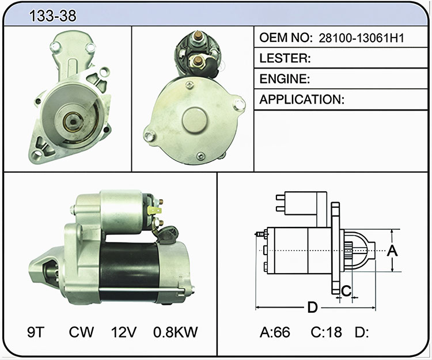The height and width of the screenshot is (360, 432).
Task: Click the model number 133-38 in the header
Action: tap(52, 16)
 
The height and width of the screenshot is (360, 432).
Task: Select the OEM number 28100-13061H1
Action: tap(361, 38)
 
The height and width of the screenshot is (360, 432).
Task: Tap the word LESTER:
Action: tap(285, 58)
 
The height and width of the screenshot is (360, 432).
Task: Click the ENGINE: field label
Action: tap(285, 79)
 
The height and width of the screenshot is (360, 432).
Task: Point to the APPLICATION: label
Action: tap(302, 99)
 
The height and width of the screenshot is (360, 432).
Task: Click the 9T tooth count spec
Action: tap(36, 332)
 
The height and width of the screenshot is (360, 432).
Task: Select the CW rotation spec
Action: tap(81, 332)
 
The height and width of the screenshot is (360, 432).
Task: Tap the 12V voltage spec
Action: tap(124, 332)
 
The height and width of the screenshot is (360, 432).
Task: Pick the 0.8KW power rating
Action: tap(176, 332)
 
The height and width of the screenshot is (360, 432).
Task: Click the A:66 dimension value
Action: tap(275, 332)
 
